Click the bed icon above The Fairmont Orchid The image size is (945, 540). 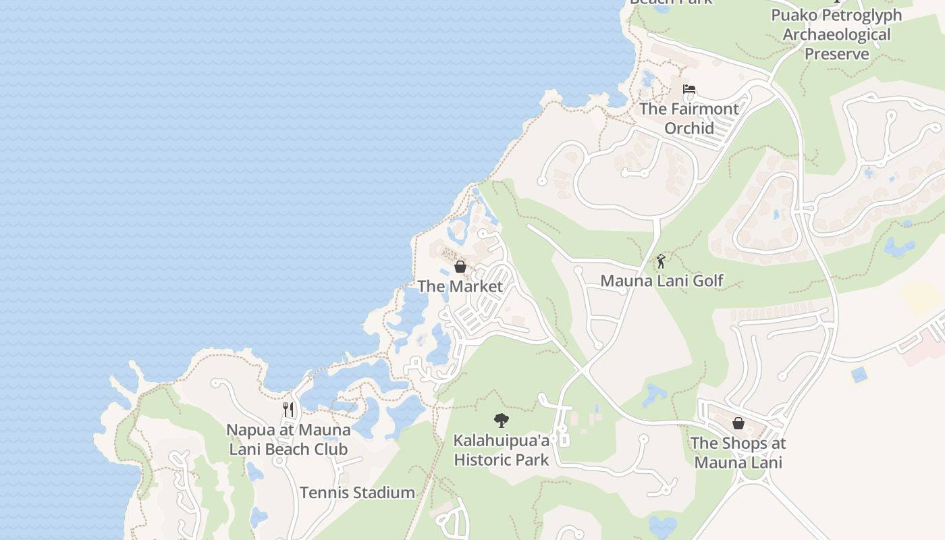coord(688,90)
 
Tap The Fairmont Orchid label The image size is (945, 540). coord(688,118)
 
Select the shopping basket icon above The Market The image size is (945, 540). coord(460,267)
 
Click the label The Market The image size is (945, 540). coord(460,286)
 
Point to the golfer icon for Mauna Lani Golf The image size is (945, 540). coord(661,261)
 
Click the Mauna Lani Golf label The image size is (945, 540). coord(661,280)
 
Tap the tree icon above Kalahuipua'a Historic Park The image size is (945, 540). coord(501,421)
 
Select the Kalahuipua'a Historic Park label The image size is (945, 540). coord(501,450)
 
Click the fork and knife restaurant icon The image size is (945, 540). coord(288,410)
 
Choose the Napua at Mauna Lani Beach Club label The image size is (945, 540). coord(288,439)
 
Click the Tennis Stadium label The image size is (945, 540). coord(357,493)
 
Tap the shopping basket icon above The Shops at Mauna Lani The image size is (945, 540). coord(738,423)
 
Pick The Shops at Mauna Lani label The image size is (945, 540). coord(738,453)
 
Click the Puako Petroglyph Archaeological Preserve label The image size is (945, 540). coord(836,34)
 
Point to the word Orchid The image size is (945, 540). coord(689,128)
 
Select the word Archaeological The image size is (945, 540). coord(836,34)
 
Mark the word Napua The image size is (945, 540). coord(247,430)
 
